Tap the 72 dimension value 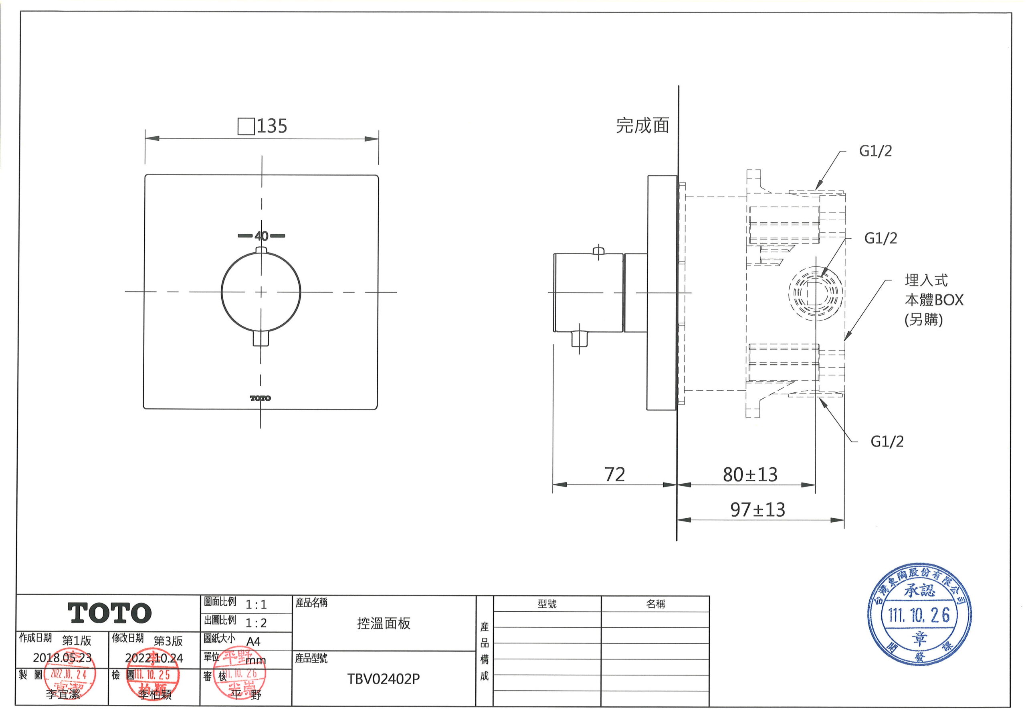coord(614,475)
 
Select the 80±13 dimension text coord(750,475)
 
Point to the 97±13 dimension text coord(757,510)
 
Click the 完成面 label coord(642,126)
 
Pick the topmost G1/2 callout coord(875,151)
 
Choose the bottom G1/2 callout coord(887,442)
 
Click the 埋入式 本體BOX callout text coord(933,300)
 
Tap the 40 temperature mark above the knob coord(261,236)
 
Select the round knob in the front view coord(261,292)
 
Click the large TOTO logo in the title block coord(109,613)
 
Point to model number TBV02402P coord(384,679)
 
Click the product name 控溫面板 coord(384,623)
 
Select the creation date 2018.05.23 coord(62,657)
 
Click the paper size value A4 coord(253,641)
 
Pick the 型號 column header coord(547,604)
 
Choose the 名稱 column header coord(655,604)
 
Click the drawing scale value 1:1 coord(256,605)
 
